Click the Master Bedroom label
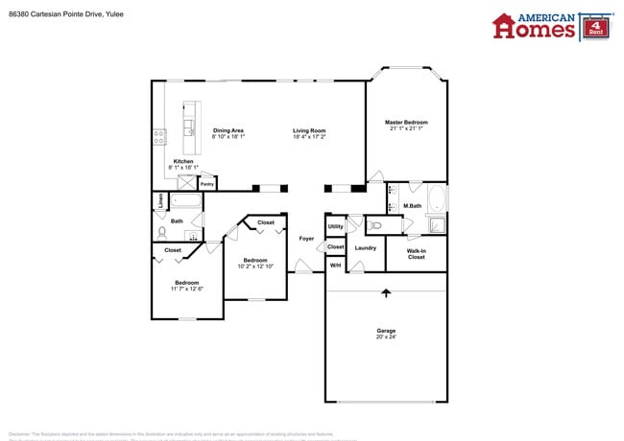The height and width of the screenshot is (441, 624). tap(406, 123)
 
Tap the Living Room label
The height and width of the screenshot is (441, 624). tap(309, 130)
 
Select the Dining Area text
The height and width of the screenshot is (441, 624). tap(228, 130)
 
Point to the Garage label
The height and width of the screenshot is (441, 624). tap(385, 331)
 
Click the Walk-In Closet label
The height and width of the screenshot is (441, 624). tap(416, 254)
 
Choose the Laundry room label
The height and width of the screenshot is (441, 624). tap(365, 247)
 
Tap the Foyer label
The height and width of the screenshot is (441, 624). tap(306, 238)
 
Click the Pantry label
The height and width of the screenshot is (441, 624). tap(206, 183)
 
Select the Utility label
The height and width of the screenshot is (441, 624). tap(335, 226)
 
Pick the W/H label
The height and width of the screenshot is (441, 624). tap(335, 265)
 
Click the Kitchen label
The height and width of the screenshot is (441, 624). tap(182, 161)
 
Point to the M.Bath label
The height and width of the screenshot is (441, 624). tap(413, 206)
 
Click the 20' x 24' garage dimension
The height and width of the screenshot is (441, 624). tap(385, 337)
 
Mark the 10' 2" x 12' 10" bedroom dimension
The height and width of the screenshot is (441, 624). tap(254, 266)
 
